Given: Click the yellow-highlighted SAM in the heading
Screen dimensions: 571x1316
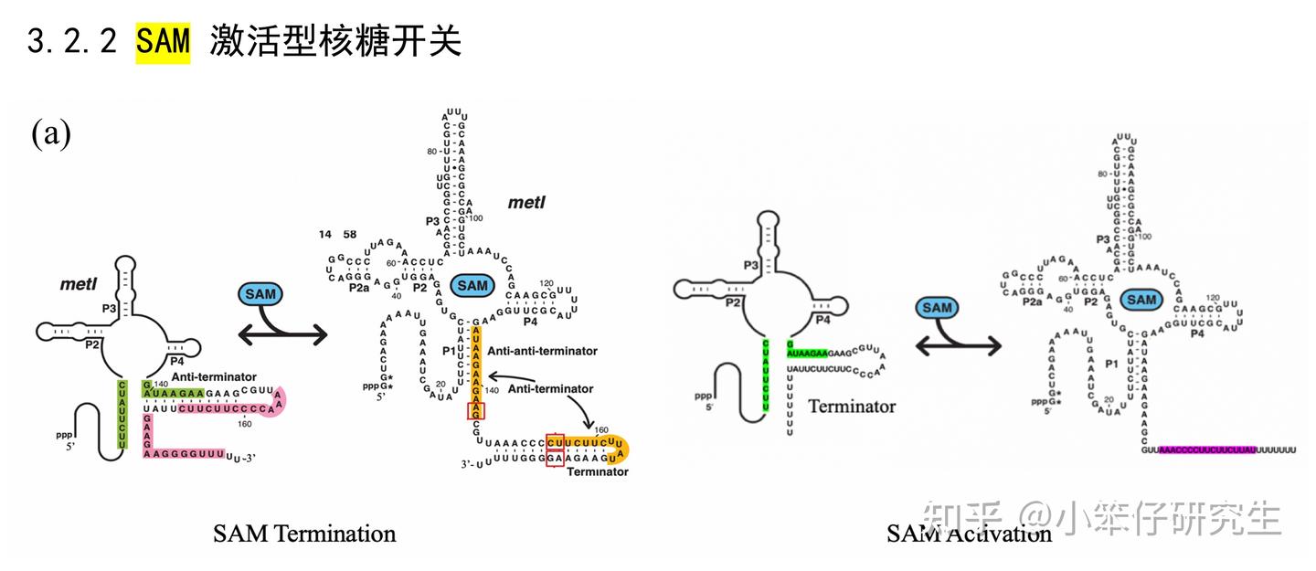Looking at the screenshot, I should pos(164,42).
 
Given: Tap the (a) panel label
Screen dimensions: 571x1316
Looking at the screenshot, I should pos(51,134).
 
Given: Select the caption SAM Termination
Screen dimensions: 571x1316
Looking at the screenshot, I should pos(304,534).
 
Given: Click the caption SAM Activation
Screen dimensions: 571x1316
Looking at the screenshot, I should pos(969,534).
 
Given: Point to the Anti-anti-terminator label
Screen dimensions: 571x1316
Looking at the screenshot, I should pos(542,351).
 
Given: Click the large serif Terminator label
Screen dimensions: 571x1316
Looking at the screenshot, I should pos(852,407).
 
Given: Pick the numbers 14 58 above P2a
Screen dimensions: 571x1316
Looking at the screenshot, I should pos(338,235).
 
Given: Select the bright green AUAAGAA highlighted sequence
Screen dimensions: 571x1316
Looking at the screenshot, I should pos(807,352).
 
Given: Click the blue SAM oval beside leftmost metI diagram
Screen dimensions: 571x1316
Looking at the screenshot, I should pos(261,294).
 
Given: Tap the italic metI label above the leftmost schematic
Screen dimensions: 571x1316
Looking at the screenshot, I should pos(79,284).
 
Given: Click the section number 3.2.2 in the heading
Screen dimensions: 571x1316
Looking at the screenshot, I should pos(73,42).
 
